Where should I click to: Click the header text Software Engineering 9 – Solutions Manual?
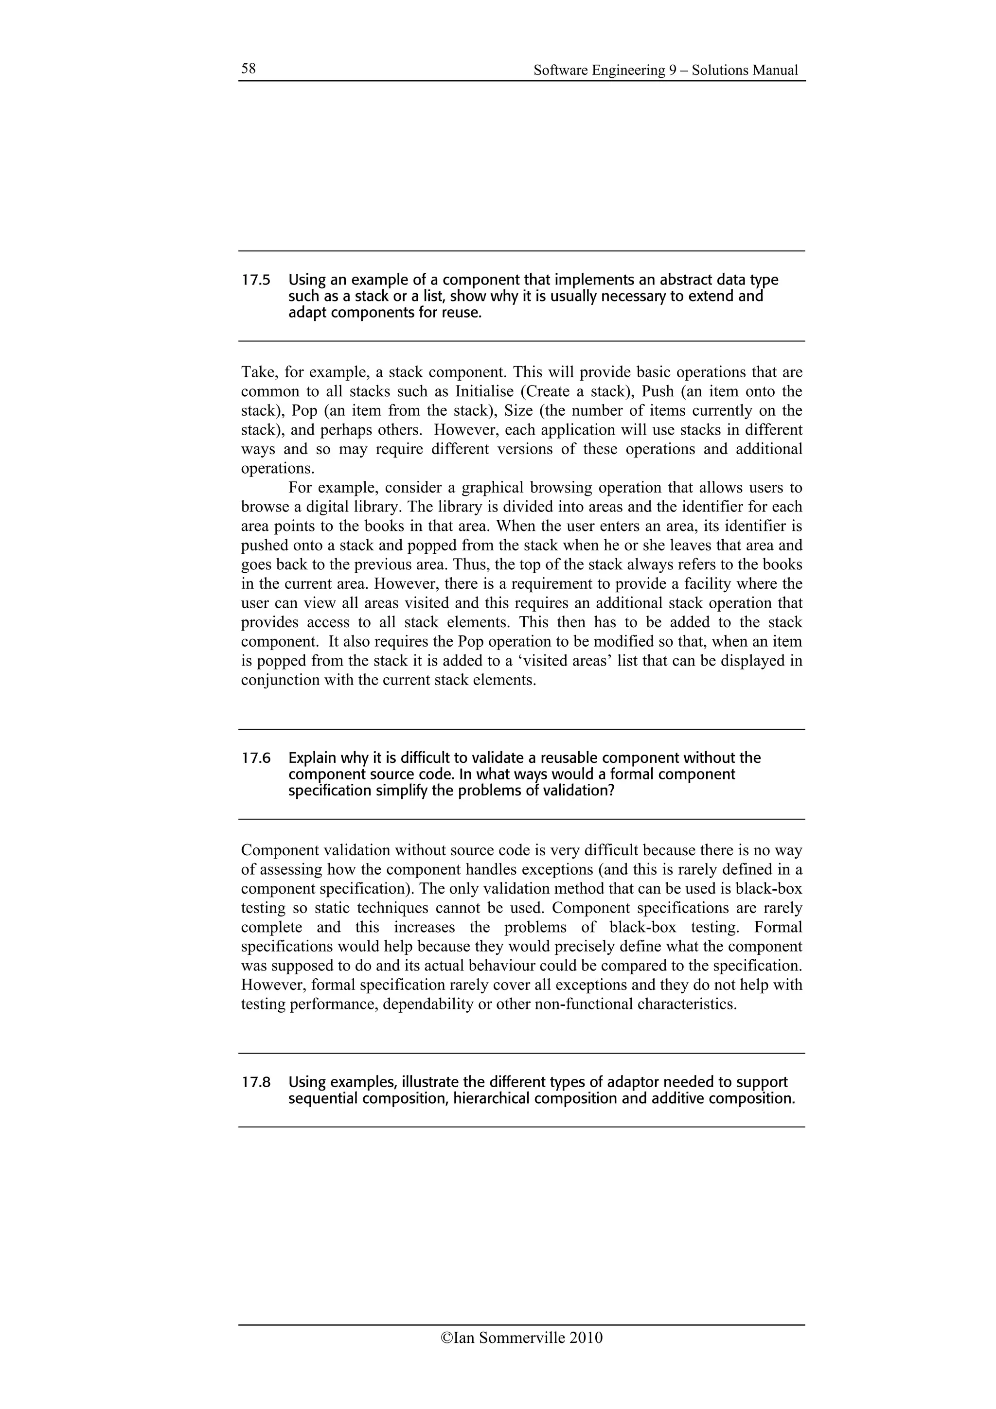[x=665, y=70]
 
